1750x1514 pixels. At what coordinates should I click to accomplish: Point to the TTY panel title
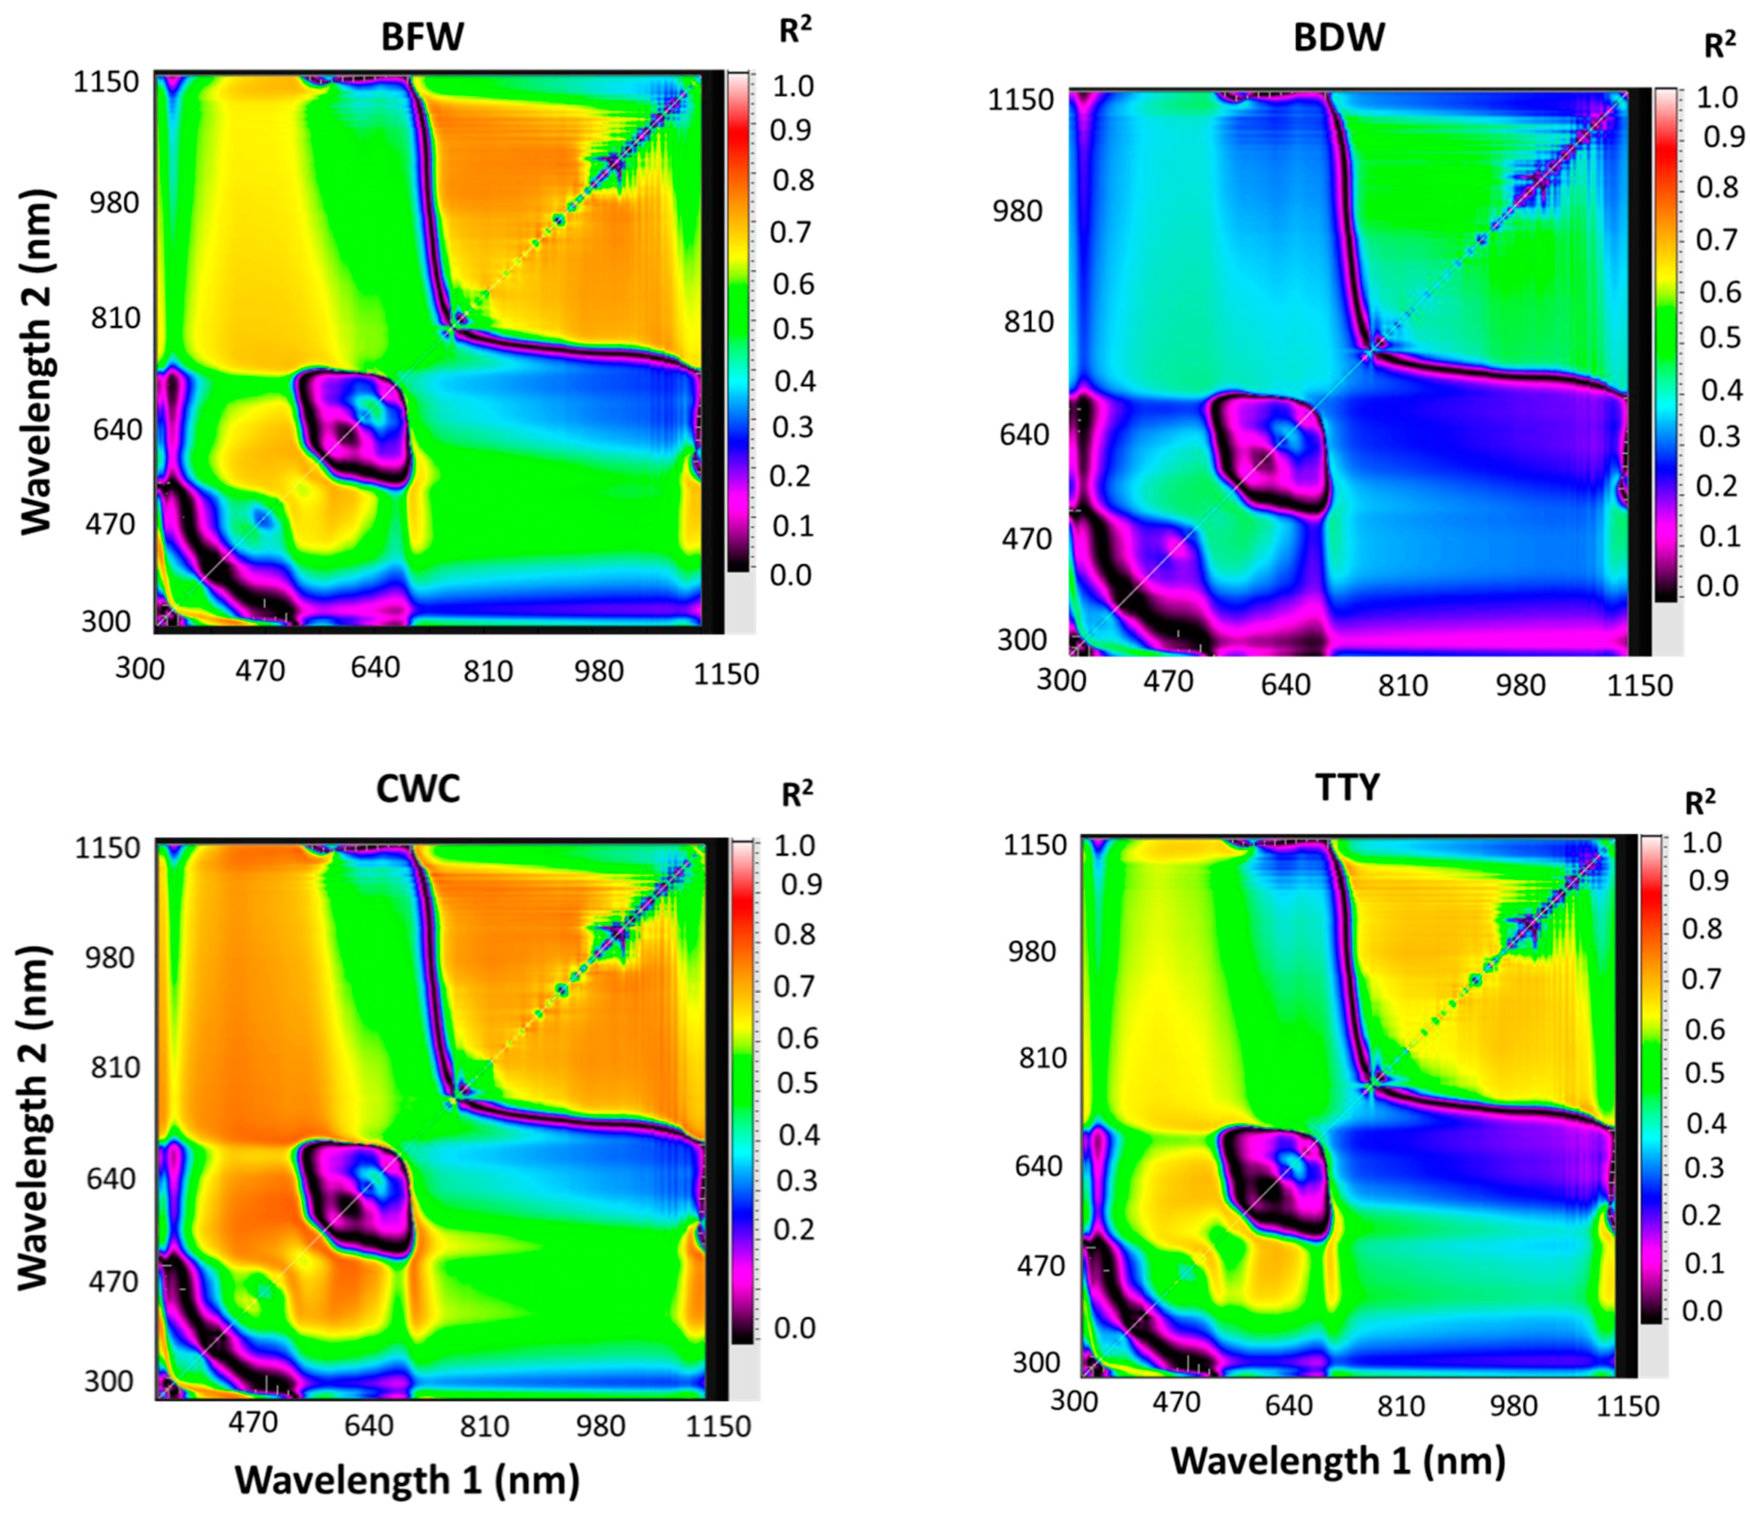click(x=1347, y=787)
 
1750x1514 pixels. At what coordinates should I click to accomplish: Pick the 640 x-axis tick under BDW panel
click(x=1285, y=684)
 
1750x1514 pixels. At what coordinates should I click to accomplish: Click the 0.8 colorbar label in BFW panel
click(x=791, y=180)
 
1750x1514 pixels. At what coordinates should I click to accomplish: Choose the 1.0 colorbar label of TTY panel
click(x=1702, y=842)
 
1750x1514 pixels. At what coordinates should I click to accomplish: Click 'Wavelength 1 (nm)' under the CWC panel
click(x=407, y=1479)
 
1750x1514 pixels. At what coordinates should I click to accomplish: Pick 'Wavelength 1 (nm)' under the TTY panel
click(x=1338, y=1461)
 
